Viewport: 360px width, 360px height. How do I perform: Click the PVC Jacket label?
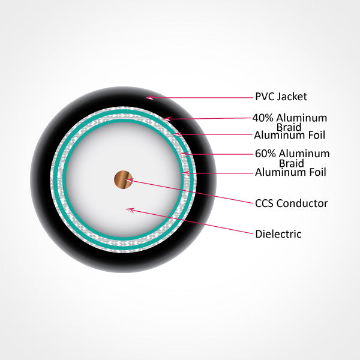tap(281, 96)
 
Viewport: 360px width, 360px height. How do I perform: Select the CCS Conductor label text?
tap(291, 203)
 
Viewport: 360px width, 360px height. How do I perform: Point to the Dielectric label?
tap(278, 234)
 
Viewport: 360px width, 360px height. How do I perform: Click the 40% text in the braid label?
tap(263, 118)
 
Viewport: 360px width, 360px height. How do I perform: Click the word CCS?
tap(265, 203)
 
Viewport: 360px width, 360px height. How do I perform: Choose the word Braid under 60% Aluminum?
tap(291, 163)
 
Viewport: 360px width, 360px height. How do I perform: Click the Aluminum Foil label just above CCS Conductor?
tap(290, 173)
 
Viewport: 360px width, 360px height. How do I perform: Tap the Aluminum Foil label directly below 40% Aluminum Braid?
tap(290, 134)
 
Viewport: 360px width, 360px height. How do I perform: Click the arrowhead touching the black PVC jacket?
tap(149, 97)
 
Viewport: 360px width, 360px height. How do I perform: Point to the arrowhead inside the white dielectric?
tap(128, 209)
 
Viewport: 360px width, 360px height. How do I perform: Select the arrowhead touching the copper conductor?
tap(128, 179)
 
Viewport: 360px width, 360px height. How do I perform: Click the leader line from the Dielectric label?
tap(192, 221)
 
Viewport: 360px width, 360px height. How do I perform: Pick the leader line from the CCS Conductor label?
tap(192, 192)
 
